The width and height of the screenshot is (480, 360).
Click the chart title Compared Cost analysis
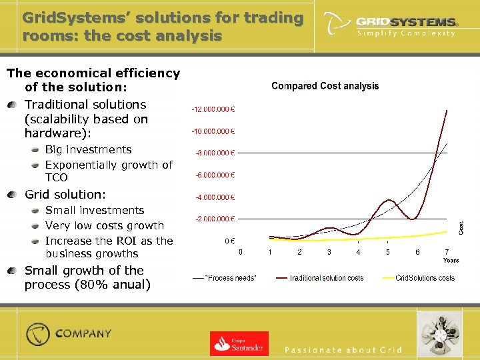[325, 86]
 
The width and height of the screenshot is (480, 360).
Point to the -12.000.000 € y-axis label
[217, 109]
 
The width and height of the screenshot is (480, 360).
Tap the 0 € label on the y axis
[228, 241]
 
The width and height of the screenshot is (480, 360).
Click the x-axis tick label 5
[387, 252]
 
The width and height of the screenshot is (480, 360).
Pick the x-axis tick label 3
[329, 252]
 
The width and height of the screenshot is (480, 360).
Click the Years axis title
[451, 261]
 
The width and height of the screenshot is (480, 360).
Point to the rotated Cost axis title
[461, 227]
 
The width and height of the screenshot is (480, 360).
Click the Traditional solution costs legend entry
[326, 277]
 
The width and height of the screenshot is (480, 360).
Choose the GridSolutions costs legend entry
[425, 277]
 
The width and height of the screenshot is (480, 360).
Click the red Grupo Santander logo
[239, 343]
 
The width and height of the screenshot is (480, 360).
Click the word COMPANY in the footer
[83, 333]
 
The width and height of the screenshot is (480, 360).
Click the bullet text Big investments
[88, 150]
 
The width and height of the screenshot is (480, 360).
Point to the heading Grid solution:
[65, 195]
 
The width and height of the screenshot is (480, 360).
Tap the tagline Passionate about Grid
[343, 349]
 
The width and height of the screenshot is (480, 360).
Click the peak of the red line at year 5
[387, 200]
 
